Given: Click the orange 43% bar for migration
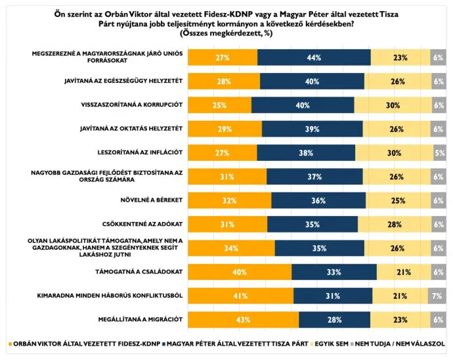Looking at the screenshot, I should click(x=244, y=319).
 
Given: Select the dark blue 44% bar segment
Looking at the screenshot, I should click(x=314, y=58).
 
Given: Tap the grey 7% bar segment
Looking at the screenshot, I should click(x=437, y=296).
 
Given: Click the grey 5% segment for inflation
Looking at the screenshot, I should click(x=439, y=153).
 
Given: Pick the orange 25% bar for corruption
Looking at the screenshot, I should click(x=220, y=105).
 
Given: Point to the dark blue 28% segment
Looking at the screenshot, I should click(x=334, y=319).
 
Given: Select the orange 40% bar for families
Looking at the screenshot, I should click(x=240, y=272).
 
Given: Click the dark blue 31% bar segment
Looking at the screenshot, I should click(x=333, y=296).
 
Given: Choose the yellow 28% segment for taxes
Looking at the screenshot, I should click(x=394, y=225).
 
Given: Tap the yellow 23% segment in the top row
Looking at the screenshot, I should click(x=400, y=58).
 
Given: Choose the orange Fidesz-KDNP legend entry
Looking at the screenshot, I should click(x=85, y=343).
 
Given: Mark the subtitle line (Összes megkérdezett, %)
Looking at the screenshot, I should click(x=226, y=34).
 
